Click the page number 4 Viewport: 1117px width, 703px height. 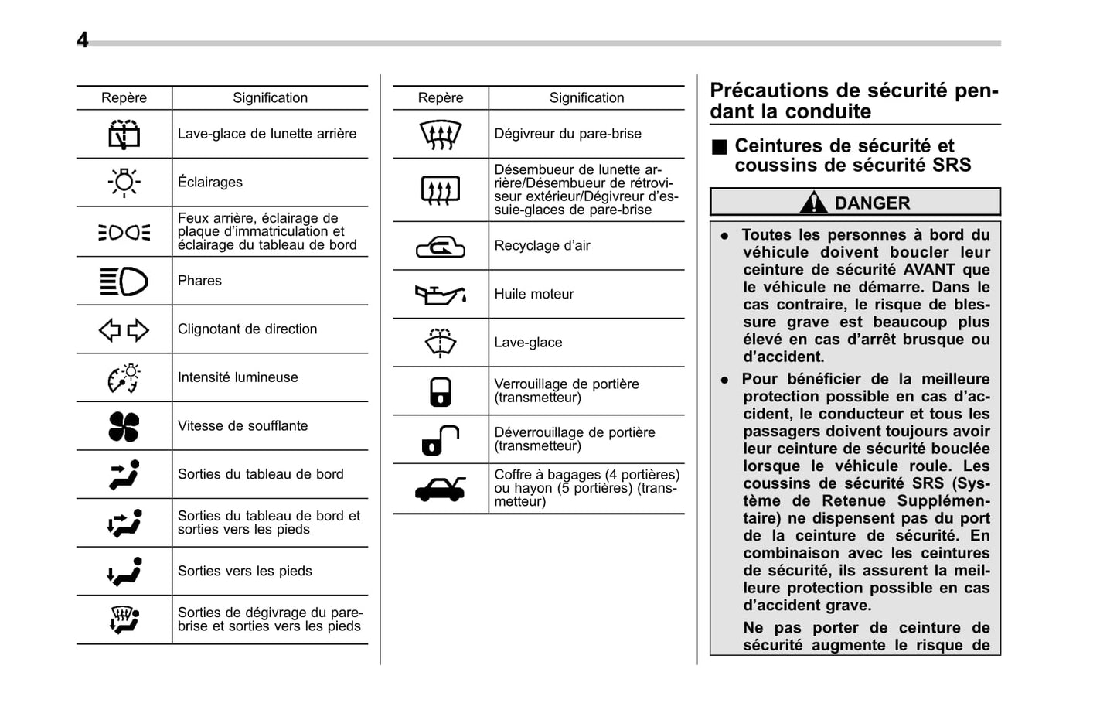(82, 40)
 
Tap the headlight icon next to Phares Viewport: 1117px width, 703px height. (124, 281)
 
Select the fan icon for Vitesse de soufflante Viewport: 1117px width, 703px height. (124, 426)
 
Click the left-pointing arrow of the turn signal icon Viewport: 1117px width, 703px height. (110, 330)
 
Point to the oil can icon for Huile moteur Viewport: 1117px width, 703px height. (440, 295)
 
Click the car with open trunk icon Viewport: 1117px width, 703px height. (440, 489)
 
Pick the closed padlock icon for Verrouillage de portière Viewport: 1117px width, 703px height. (440, 391)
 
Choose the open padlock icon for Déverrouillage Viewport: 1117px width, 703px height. (440, 440)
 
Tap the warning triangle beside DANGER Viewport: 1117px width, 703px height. (813, 203)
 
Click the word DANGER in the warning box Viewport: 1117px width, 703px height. (872, 203)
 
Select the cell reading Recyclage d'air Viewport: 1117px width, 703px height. (542, 246)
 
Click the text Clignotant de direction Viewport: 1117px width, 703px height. (247, 329)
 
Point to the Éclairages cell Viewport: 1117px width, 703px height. (210, 183)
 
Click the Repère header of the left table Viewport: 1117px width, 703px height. (124, 98)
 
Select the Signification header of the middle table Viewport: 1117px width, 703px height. (586, 98)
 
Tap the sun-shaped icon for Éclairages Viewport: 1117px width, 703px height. (124, 183)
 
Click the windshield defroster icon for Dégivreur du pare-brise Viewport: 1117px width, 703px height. (440, 135)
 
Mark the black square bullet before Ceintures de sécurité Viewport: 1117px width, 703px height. (720, 147)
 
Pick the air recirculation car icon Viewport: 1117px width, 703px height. (440, 247)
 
